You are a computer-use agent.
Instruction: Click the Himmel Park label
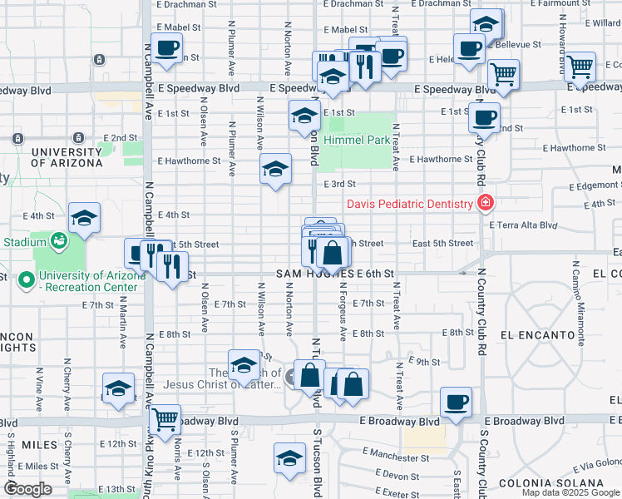click(x=358, y=141)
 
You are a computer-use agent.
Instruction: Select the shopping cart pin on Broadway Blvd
click(x=165, y=419)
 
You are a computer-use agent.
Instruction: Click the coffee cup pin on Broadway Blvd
click(x=455, y=403)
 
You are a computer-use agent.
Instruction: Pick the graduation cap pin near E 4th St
click(x=84, y=218)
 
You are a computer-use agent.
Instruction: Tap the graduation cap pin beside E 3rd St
click(x=275, y=170)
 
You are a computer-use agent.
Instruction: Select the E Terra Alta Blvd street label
click(x=523, y=225)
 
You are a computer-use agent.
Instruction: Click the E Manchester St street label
click(x=396, y=457)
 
